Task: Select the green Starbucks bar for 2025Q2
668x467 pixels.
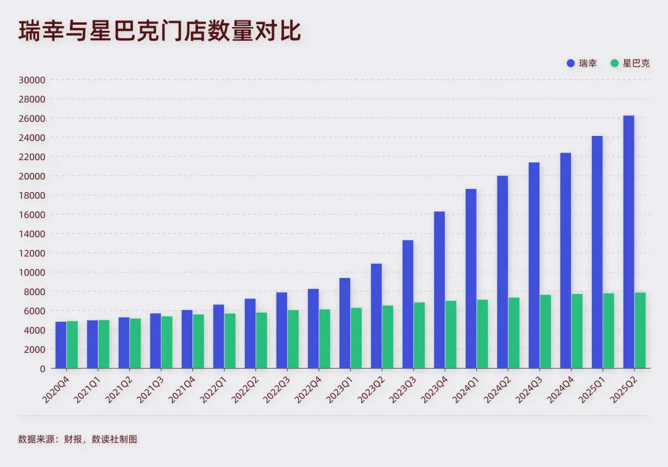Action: coord(640,330)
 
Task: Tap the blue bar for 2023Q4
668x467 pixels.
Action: coord(439,290)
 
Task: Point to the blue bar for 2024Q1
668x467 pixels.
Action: coord(471,279)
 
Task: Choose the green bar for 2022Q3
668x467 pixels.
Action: coord(293,339)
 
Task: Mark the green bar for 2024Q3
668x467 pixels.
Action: coord(546,332)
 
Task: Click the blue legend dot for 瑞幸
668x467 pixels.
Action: coord(570,63)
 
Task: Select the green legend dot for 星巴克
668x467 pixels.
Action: coord(614,63)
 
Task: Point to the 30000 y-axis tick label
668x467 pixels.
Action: coord(32,80)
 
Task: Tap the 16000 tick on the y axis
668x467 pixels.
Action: coord(32,214)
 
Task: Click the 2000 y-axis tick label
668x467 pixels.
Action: coord(35,349)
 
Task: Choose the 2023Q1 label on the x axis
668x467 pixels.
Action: coord(338,392)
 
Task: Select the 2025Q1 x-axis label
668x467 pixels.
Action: coord(591,392)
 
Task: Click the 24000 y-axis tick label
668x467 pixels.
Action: coord(32,137)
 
